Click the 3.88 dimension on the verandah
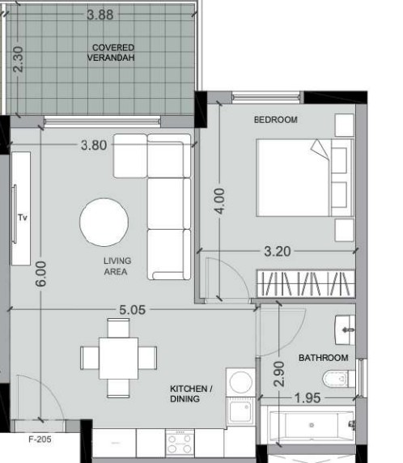pos(100,15)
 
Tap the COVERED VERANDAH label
pos(112,53)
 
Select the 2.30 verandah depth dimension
pos(19,59)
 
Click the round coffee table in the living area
pos(104,222)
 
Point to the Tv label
pos(23,218)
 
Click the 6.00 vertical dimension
pos(40,274)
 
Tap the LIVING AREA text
pos(117,266)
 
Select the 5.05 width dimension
pos(132,310)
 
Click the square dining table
pos(118,358)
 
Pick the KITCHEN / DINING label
pos(191,393)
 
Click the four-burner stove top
pos(180,442)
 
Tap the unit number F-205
pos(40,440)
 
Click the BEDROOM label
pos(276,120)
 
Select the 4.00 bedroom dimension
pos(219,201)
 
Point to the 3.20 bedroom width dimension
pos(278,252)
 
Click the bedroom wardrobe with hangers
pos(306,283)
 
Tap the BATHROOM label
pos(323,358)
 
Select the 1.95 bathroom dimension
pos(308,398)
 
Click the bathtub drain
pos(312,425)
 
